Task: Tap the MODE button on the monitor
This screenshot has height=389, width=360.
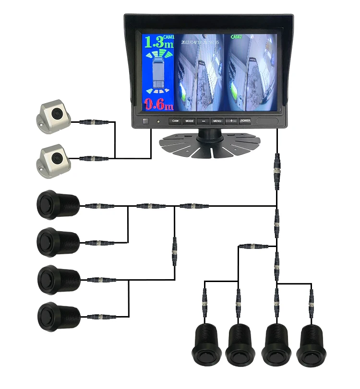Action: (x=190, y=121)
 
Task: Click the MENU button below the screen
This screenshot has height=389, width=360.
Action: (x=217, y=121)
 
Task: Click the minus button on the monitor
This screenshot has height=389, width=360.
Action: (x=204, y=121)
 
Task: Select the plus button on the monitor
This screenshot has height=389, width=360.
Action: (x=231, y=121)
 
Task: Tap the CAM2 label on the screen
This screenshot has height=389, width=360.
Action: (x=237, y=36)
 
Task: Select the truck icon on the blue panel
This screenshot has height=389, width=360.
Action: (x=158, y=72)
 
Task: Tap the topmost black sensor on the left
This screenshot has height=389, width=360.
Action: (x=56, y=204)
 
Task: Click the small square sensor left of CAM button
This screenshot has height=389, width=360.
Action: (x=146, y=121)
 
